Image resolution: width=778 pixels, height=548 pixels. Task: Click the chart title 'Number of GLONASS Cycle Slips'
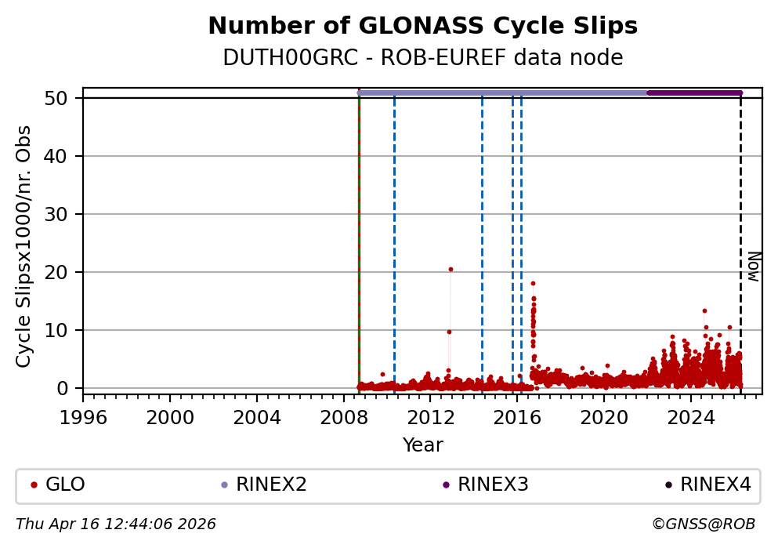(422, 27)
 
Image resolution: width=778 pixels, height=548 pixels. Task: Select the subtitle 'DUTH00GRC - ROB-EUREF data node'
(422, 58)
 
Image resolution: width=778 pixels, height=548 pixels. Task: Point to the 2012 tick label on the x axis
(430, 416)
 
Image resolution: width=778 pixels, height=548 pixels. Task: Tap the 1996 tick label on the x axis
(83, 416)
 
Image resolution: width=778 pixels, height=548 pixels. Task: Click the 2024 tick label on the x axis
(690, 416)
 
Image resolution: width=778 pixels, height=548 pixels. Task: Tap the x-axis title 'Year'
(422, 445)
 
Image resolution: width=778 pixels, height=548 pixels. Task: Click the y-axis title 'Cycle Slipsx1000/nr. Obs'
(24, 245)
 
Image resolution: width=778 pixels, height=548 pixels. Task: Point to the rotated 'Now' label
(753, 267)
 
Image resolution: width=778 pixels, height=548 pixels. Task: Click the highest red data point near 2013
(451, 269)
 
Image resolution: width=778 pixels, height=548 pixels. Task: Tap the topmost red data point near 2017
(533, 283)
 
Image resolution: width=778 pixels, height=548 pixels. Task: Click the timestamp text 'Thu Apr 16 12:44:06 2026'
(116, 524)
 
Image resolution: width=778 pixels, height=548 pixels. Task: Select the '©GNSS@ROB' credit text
(703, 524)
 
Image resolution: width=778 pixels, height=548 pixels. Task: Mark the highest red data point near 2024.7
(704, 310)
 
